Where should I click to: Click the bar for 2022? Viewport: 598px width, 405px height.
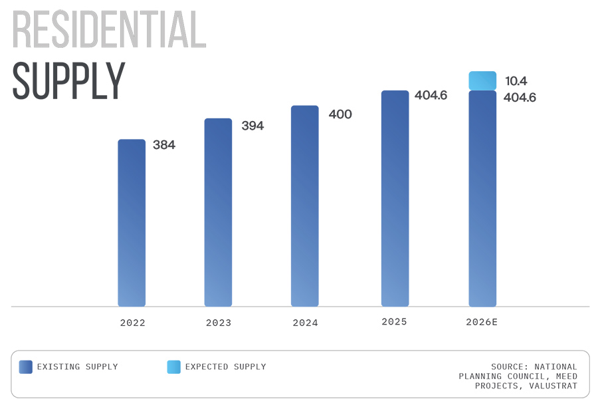(x=132, y=223)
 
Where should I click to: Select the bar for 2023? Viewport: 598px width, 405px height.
(x=218, y=213)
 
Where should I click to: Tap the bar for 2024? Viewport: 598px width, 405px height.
(x=305, y=206)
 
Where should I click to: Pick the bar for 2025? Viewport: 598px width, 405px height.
(x=395, y=198)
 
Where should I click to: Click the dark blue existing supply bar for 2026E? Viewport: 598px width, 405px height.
(x=482, y=198)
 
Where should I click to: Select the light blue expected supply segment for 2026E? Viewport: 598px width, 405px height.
(x=482, y=80)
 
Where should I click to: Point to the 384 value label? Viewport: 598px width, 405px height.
(x=164, y=144)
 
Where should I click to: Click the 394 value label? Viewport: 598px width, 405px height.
(x=252, y=126)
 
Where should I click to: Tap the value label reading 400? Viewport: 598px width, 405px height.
(x=340, y=114)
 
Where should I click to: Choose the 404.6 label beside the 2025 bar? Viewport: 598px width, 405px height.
(x=431, y=95)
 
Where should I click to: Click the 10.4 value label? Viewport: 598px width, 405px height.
(x=516, y=81)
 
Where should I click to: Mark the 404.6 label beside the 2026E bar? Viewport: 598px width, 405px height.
(x=519, y=98)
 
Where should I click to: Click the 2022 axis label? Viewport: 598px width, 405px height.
(x=132, y=323)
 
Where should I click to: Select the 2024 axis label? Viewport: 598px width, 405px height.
(x=305, y=323)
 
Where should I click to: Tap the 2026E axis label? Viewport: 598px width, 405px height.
(x=482, y=322)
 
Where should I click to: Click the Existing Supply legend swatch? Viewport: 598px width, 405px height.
(x=26, y=367)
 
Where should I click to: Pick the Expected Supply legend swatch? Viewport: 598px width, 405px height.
(x=173, y=367)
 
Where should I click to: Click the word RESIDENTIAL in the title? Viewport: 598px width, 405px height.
(x=109, y=30)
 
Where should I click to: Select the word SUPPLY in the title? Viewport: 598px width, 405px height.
(x=68, y=81)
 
